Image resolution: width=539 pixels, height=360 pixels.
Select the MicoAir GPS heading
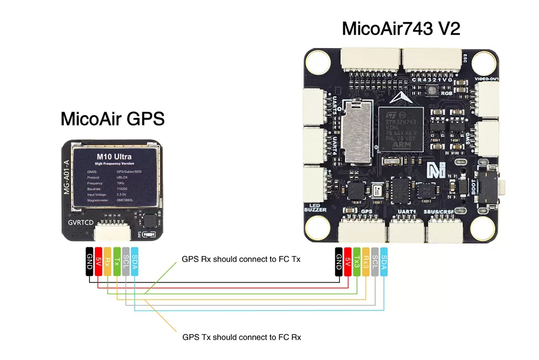[x=112, y=118]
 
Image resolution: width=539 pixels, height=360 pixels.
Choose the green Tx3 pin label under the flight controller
[x=357, y=262]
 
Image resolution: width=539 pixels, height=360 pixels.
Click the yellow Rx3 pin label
[x=366, y=262]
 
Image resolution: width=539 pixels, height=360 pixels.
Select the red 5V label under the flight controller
[x=348, y=262]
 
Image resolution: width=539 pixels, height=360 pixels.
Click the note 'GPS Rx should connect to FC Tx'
[x=241, y=259]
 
